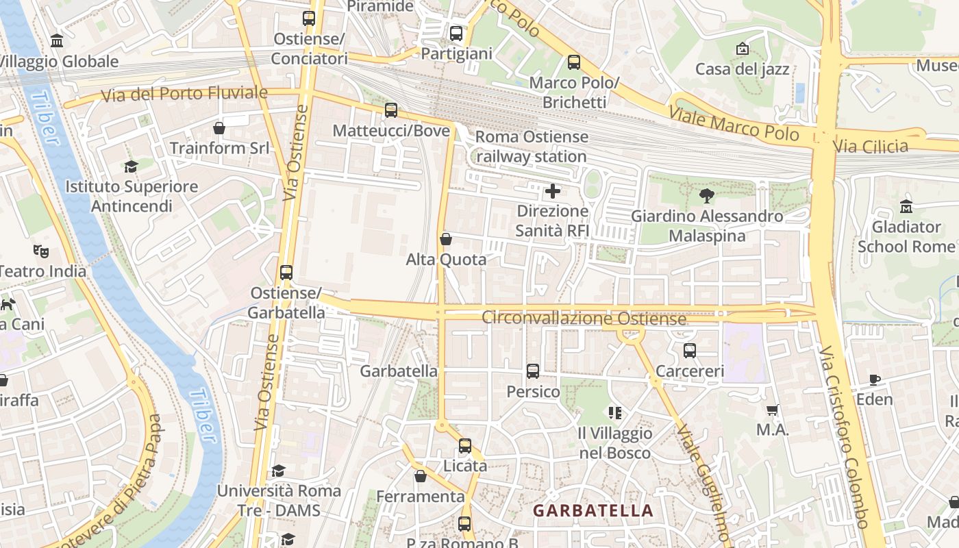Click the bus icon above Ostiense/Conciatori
point(309,18)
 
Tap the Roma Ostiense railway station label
point(532,147)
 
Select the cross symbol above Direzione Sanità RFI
point(552,190)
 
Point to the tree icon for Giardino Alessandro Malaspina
point(706,196)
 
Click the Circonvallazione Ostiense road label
point(584,319)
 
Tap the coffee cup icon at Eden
point(875,379)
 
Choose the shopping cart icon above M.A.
point(773,410)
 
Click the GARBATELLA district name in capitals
point(593,510)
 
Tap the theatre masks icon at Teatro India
point(42,251)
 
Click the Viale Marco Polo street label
point(734,123)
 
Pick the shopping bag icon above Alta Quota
point(446,239)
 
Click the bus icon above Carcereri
point(690,351)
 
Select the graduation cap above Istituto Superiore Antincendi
point(131,166)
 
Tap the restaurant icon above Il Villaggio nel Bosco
point(614,412)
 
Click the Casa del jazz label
point(742,69)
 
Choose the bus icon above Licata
point(465,446)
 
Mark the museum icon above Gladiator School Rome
point(906,206)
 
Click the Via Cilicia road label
point(871,146)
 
